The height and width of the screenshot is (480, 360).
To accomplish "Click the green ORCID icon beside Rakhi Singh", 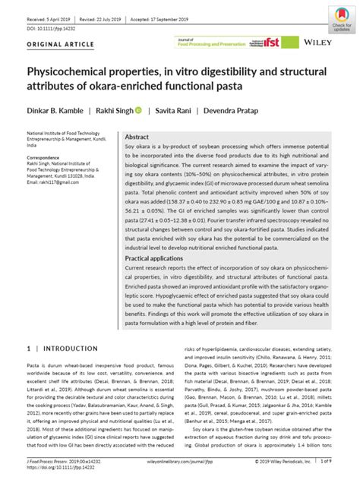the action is tap(138, 110).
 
